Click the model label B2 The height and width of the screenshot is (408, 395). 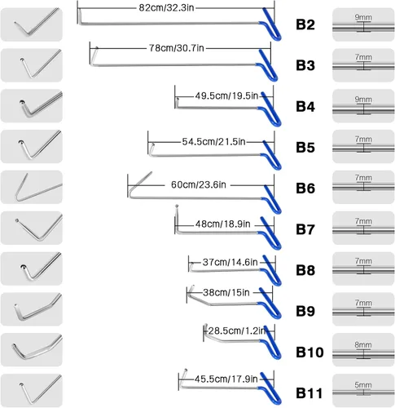click(x=305, y=24)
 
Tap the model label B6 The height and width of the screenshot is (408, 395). click(x=305, y=188)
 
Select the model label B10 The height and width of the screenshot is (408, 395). click(x=309, y=353)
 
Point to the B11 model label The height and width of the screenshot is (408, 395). click(x=309, y=393)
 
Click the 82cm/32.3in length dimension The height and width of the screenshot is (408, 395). click(x=166, y=7)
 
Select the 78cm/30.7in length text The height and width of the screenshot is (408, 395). click(x=177, y=48)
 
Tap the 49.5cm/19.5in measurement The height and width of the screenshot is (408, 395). click(x=226, y=95)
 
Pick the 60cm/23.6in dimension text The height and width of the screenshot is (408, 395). click(x=199, y=184)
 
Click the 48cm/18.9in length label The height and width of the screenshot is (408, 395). click(x=223, y=224)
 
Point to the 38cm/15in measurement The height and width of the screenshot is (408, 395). click(x=226, y=292)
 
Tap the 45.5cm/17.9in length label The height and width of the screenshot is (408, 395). click(x=226, y=379)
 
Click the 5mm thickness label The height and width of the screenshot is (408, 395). click(x=363, y=385)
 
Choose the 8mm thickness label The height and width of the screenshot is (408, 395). click(x=363, y=344)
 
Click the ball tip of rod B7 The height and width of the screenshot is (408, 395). click(x=177, y=206)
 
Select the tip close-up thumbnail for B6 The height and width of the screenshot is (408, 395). click(x=32, y=187)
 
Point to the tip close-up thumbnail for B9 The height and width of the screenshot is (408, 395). click(x=32, y=309)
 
